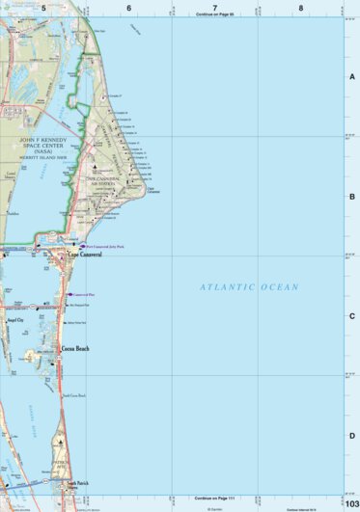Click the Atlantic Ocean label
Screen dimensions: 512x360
(249, 287)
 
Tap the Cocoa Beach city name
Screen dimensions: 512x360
(74, 348)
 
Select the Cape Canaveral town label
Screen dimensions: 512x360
(84, 255)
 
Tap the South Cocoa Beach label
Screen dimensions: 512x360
(75, 395)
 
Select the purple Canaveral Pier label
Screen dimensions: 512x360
(84, 294)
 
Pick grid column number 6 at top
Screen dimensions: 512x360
(128, 8)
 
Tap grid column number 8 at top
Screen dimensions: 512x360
(301, 8)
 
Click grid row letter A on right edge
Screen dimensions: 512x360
(352, 76)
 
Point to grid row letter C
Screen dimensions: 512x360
(352, 315)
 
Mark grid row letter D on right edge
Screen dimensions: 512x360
(352, 435)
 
